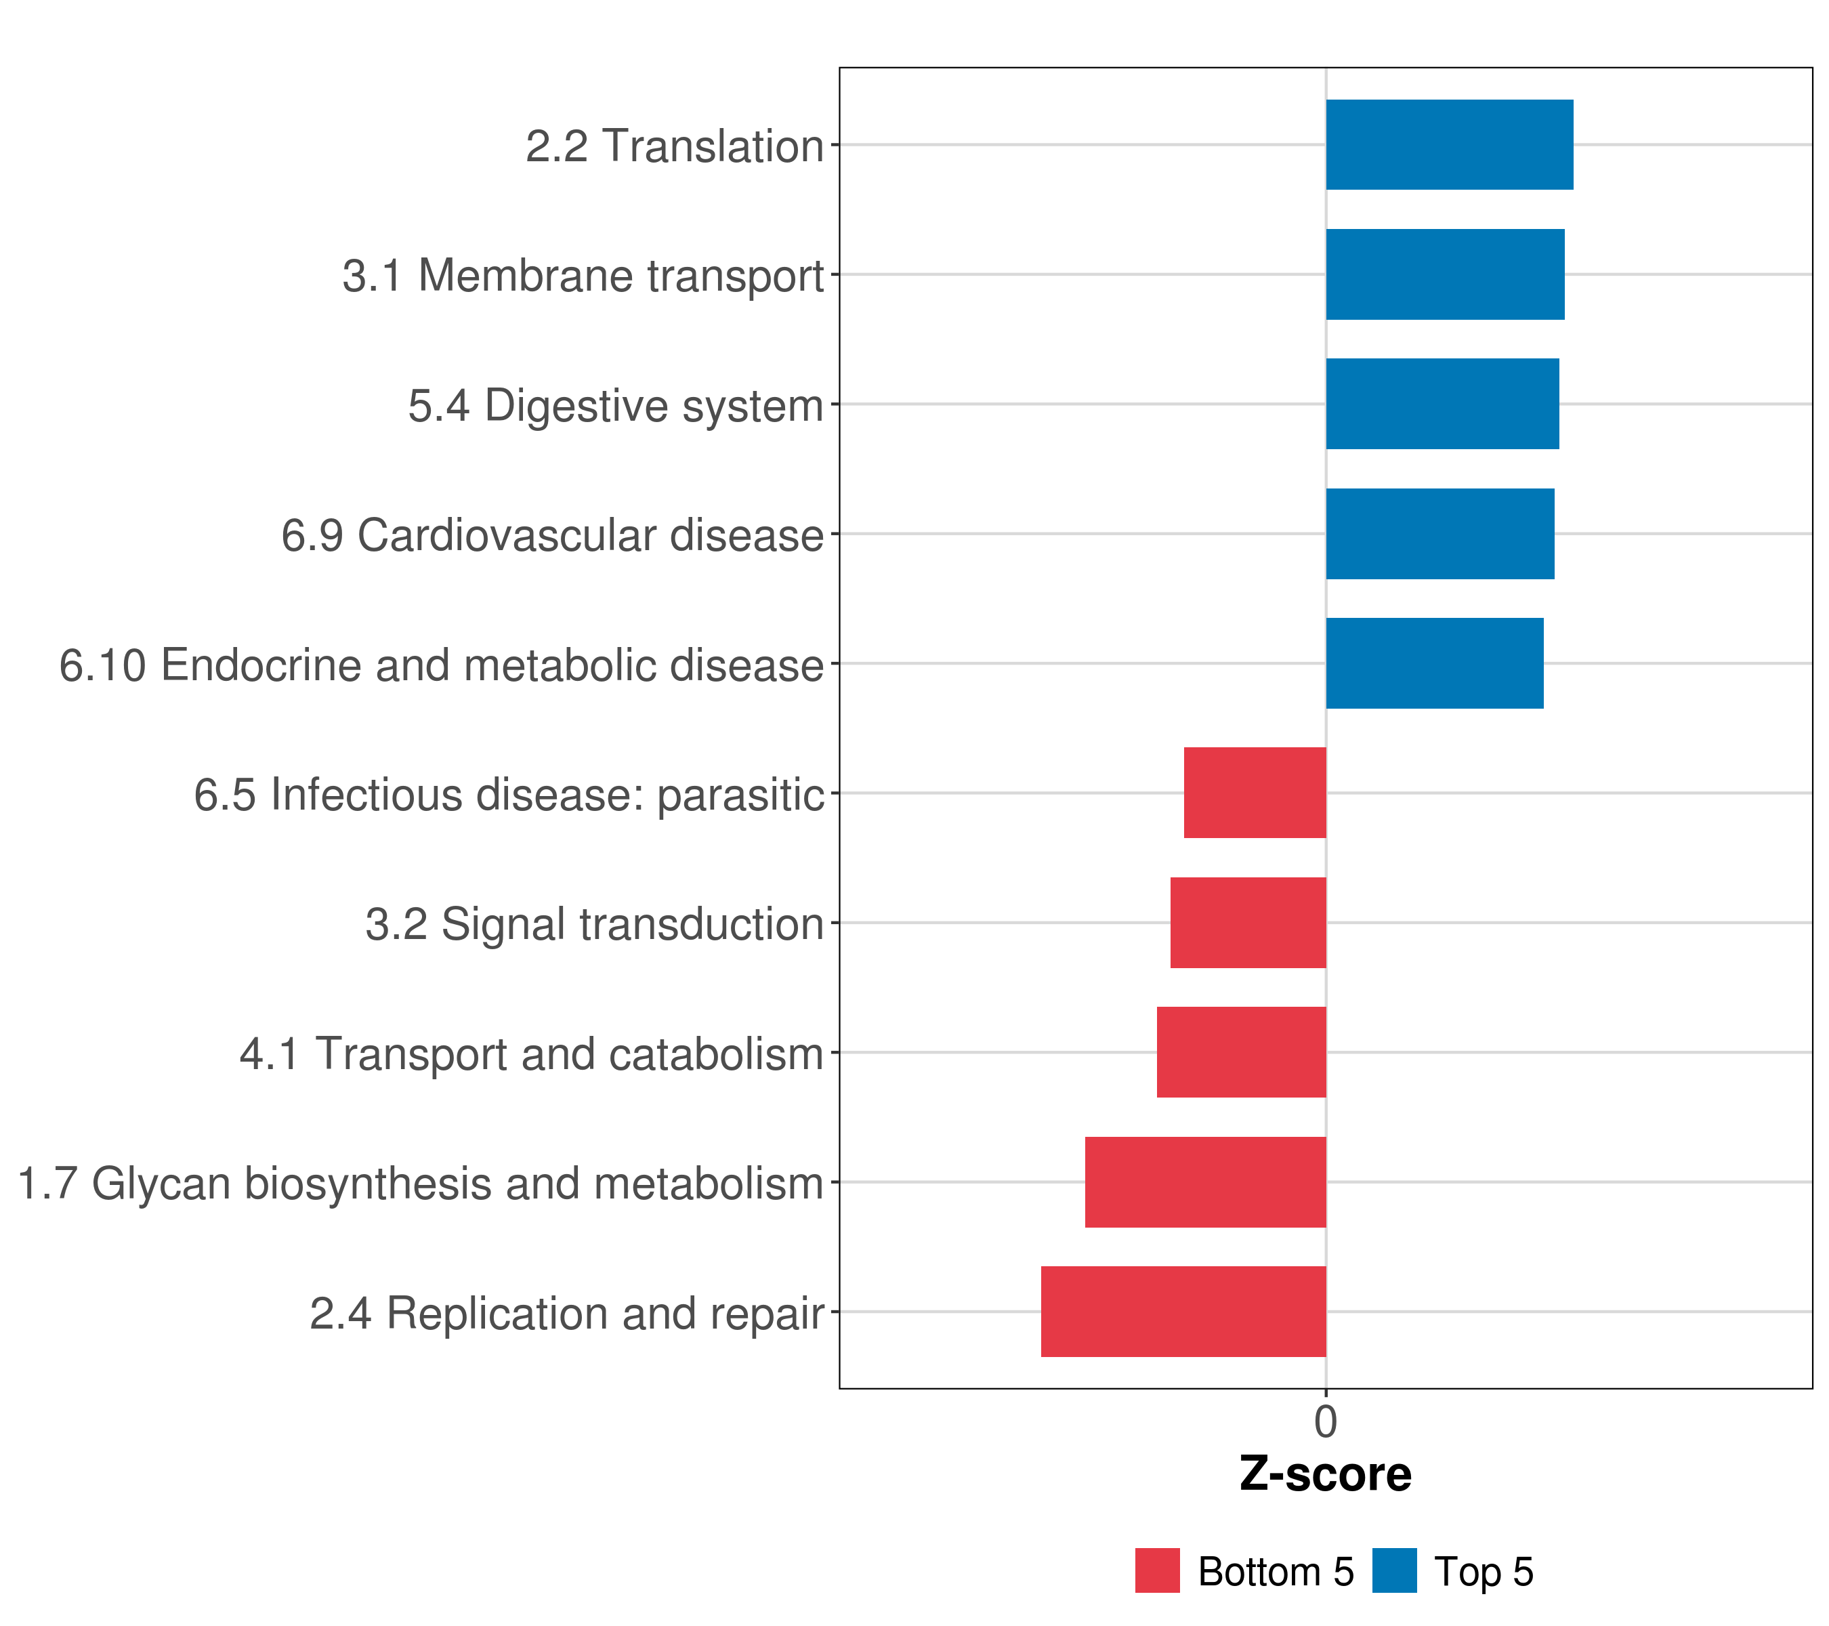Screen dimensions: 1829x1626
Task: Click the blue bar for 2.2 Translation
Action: click(x=1450, y=145)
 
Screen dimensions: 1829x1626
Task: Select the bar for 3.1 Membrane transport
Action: click(x=1445, y=275)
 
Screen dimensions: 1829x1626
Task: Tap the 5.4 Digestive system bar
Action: click(x=1442, y=404)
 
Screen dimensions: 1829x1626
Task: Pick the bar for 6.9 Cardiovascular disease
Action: click(x=1441, y=535)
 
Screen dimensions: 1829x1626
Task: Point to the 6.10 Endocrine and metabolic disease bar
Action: click(x=1435, y=663)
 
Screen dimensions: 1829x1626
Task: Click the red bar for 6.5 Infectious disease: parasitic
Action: click(x=1255, y=793)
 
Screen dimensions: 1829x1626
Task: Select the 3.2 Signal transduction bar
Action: click(x=1248, y=923)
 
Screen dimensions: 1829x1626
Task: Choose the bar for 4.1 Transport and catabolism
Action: click(x=1242, y=1052)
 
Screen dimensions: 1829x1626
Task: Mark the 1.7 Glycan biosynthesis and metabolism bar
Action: click(x=1206, y=1182)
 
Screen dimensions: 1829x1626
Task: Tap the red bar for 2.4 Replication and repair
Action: click(x=1184, y=1312)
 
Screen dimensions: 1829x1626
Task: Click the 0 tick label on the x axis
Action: click(x=1326, y=1422)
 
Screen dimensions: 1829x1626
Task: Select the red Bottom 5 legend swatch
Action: click(x=1158, y=1570)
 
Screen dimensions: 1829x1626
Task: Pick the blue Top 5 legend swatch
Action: click(x=1395, y=1570)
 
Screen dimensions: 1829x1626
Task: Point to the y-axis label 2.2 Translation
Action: click(x=675, y=146)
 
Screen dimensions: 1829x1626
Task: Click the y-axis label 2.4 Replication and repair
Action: click(x=567, y=1314)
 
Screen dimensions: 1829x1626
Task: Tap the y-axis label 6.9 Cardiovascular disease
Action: click(x=553, y=535)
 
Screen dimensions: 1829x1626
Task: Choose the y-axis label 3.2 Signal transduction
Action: click(x=595, y=924)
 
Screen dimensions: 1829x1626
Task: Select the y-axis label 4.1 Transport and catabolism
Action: click(x=532, y=1054)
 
